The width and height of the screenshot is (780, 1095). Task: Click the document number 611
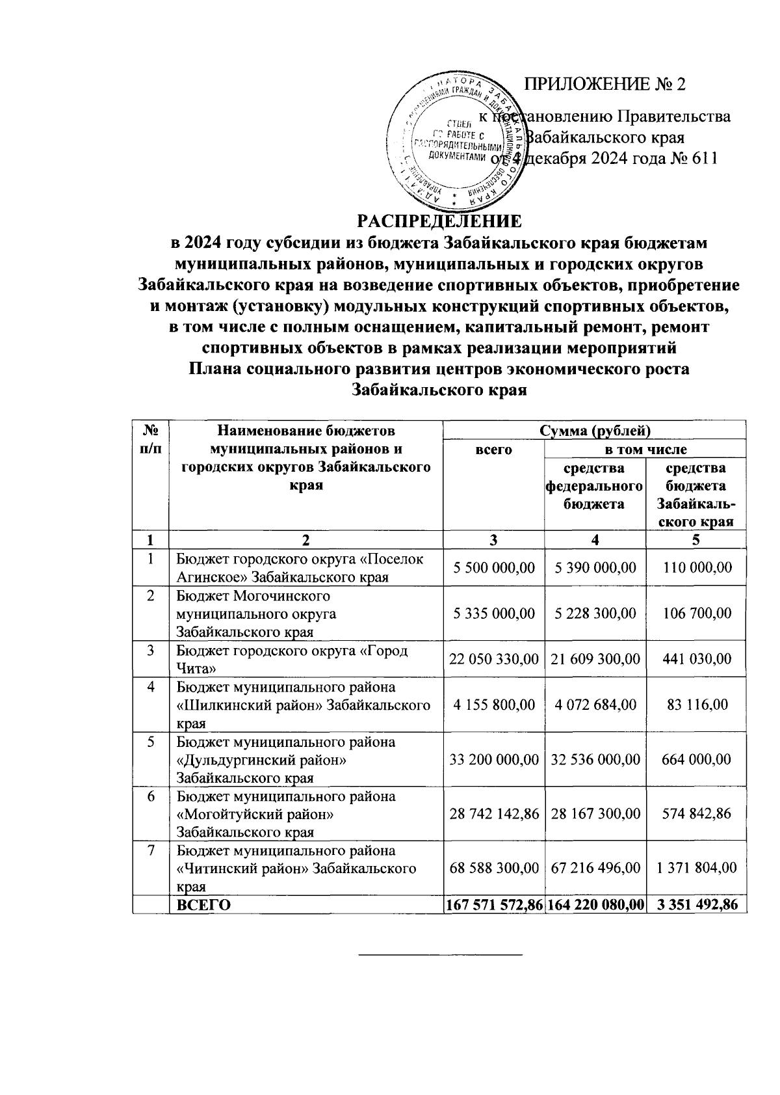(702, 159)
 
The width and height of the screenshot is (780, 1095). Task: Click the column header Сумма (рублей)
(594, 430)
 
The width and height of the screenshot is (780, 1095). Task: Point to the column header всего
(493, 450)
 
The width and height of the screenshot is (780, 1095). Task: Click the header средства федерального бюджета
(595, 486)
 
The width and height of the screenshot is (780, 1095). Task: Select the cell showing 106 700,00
(696, 614)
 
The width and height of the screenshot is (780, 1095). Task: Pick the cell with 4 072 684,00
(595, 705)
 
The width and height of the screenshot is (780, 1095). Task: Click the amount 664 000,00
(696, 759)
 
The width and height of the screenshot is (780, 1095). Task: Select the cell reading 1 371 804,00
(696, 867)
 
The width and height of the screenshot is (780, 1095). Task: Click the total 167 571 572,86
(494, 904)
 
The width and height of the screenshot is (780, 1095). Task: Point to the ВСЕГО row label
(204, 904)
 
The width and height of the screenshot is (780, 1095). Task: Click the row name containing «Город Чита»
(292, 659)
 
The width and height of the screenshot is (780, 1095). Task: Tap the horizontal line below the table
(441, 955)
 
